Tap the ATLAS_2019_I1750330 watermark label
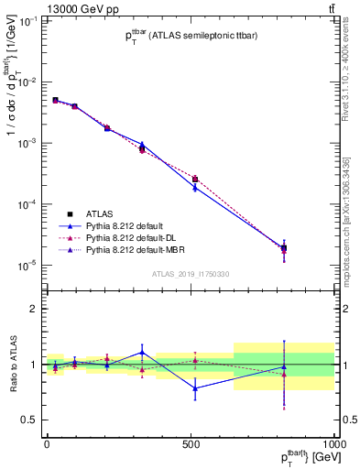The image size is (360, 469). (191, 274)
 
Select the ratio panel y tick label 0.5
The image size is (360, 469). (28, 420)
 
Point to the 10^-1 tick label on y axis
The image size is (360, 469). (26, 22)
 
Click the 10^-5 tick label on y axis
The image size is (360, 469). (26, 266)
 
